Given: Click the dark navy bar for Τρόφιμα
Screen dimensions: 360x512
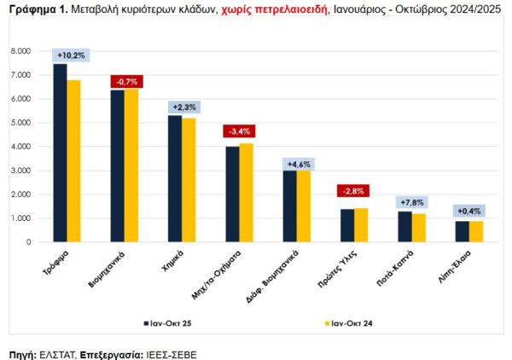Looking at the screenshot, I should (61, 154).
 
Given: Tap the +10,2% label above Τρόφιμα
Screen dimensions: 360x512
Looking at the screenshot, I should (71, 55).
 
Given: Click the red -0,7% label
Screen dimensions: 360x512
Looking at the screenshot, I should (127, 81).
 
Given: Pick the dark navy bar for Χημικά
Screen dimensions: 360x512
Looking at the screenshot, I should (174, 179).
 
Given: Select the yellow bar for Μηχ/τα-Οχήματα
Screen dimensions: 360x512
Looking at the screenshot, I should (246, 193).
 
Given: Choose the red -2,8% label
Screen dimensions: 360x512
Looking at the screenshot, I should (353, 190).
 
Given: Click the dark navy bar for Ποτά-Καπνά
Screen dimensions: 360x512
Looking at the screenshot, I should (404, 227).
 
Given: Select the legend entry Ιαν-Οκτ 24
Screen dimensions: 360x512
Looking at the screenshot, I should (350, 323).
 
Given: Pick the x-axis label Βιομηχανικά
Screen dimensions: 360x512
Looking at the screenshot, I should (108, 265).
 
